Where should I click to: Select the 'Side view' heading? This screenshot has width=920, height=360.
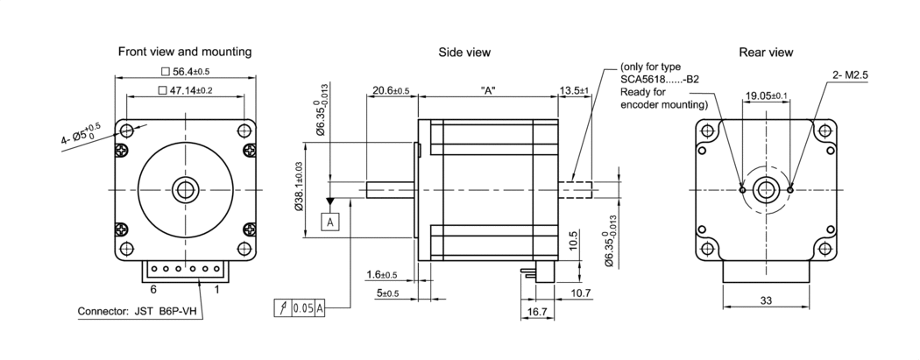click(464, 53)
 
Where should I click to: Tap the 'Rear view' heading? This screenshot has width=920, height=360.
click(766, 53)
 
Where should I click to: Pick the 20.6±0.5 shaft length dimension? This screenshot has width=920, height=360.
click(390, 90)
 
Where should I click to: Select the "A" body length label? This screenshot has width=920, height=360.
click(488, 90)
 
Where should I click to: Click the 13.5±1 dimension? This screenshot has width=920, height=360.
click(577, 90)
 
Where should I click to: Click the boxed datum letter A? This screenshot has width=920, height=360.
click(330, 222)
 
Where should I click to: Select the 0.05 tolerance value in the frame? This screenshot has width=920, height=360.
click(302, 307)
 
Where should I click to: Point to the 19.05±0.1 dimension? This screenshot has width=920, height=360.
click(766, 95)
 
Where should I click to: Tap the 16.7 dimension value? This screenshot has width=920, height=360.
click(538, 311)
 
